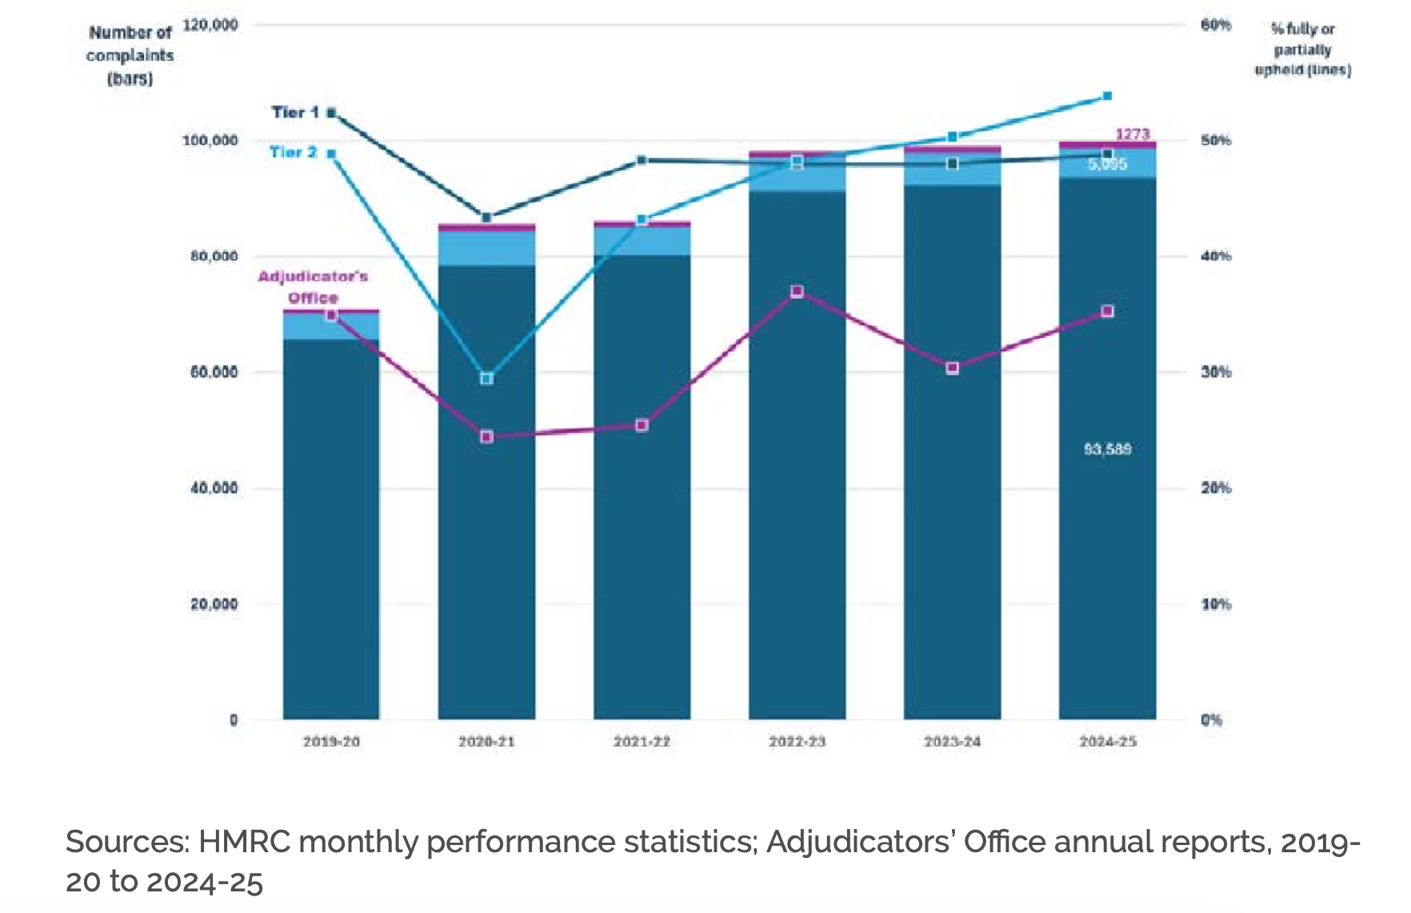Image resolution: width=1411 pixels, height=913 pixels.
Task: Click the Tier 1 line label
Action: point(295,112)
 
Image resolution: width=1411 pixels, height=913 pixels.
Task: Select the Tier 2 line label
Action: point(293,152)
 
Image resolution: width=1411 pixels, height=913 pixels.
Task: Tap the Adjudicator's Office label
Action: point(313,287)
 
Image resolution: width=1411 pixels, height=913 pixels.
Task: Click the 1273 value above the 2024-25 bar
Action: point(1133,134)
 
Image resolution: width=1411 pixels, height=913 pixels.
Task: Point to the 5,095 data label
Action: point(1107,164)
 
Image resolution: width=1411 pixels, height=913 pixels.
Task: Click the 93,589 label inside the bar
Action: point(1107,449)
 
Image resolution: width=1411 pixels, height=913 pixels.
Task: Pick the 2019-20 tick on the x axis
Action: point(331,742)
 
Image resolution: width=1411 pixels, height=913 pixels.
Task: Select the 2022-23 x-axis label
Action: point(797,742)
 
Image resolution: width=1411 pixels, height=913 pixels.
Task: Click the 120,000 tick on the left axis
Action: point(210,25)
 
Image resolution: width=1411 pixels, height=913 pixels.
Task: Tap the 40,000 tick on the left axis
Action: point(214,488)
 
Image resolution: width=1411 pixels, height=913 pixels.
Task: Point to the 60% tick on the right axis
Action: point(1216,25)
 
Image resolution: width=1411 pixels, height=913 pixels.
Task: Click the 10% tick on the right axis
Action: point(1216,604)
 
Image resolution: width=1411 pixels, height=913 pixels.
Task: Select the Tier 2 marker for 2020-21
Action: point(486,378)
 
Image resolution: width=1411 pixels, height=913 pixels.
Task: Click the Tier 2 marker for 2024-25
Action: point(1107,96)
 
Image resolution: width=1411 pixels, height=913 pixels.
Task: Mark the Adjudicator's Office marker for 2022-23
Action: point(797,292)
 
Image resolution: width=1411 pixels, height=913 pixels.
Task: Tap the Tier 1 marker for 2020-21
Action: point(486,217)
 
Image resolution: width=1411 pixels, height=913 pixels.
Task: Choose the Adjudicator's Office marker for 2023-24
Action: point(952,369)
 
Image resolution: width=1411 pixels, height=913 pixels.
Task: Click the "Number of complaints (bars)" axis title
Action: point(130,55)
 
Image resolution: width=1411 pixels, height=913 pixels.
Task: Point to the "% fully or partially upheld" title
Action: point(1302,50)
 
